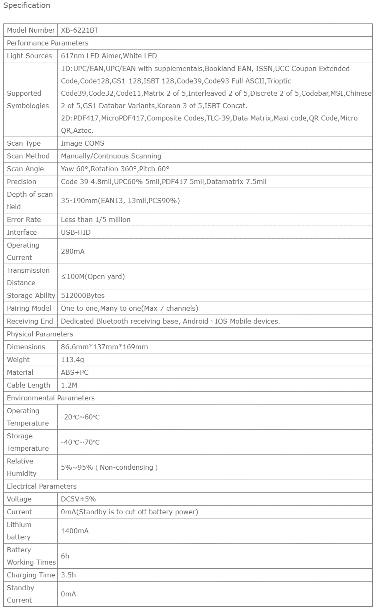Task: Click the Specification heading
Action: tap(26, 6)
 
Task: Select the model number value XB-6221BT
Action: tap(80, 30)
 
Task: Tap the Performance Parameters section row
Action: tap(48, 43)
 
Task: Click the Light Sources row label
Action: tap(29, 56)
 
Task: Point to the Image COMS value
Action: tap(83, 143)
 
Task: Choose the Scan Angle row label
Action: tap(25, 169)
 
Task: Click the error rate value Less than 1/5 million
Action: tap(96, 220)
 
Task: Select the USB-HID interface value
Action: tap(76, 232)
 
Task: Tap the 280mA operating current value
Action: tap(73, 252)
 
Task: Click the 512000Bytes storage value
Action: tap(83, 295)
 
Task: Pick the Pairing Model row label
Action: tap(29, 308)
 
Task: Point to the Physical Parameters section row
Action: tap(40, 334)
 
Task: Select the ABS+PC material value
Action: tap(75, 372)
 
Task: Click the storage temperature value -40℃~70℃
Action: tap(80, 442)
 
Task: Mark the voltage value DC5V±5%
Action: tap(78, 499)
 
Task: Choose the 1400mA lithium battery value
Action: tap(75, 531)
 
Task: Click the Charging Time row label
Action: tap(31, 575)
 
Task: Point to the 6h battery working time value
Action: tap(65, 556)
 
